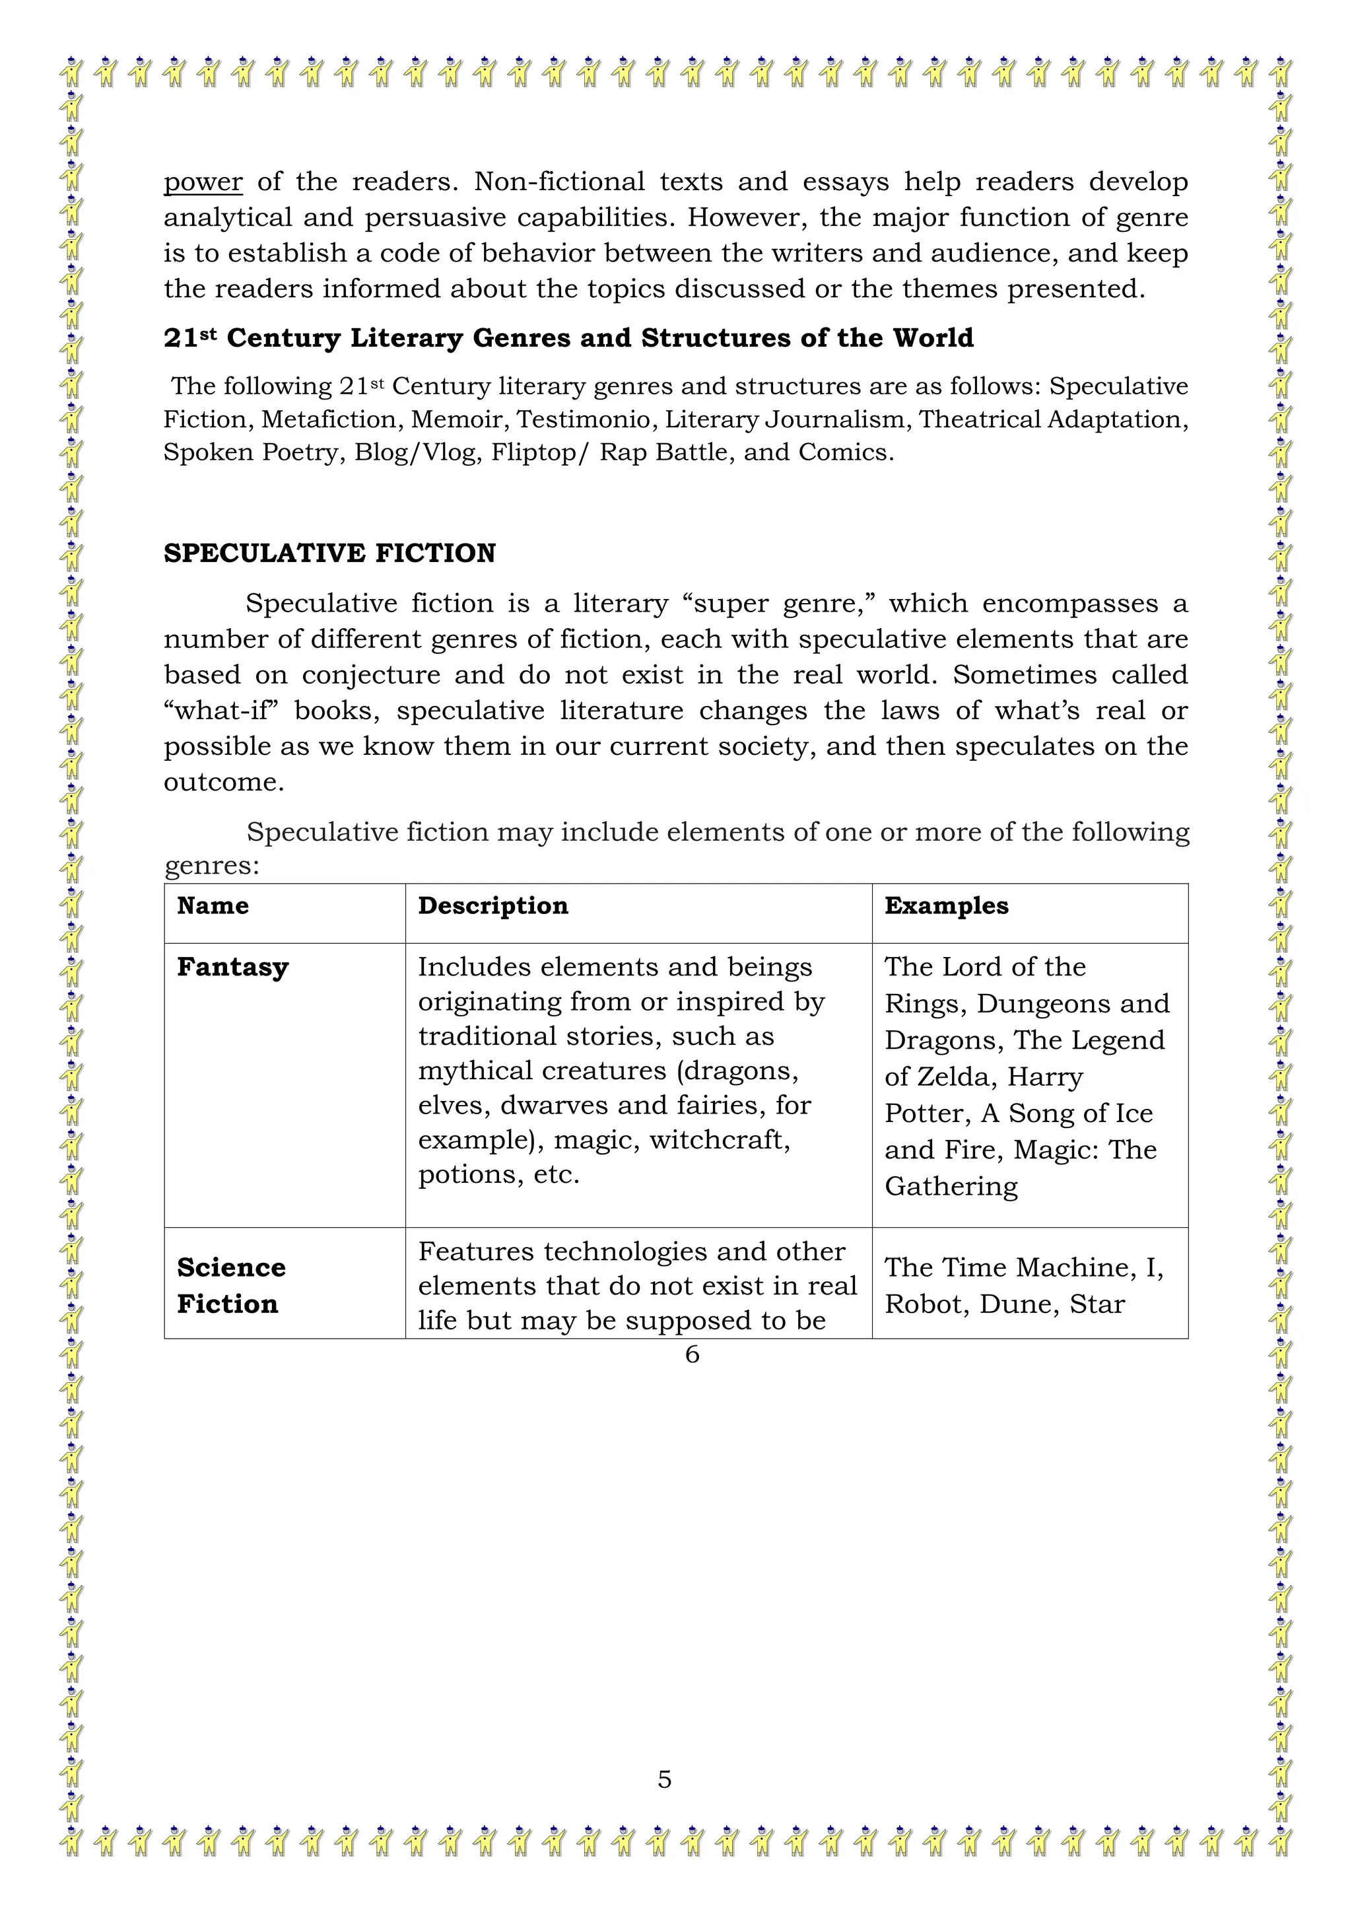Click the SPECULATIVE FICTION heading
[x=329, y=553]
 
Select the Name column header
[x=213, y=905]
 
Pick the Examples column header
[x=946, y=905]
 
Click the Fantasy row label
[x=232, y=967]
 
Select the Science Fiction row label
[x=230, y=1285]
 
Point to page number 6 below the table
[x=692, y=1355]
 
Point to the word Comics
[x=845, y=452]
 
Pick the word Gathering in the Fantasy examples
[x=951, y=1186]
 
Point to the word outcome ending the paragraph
[x=223, y=782]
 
